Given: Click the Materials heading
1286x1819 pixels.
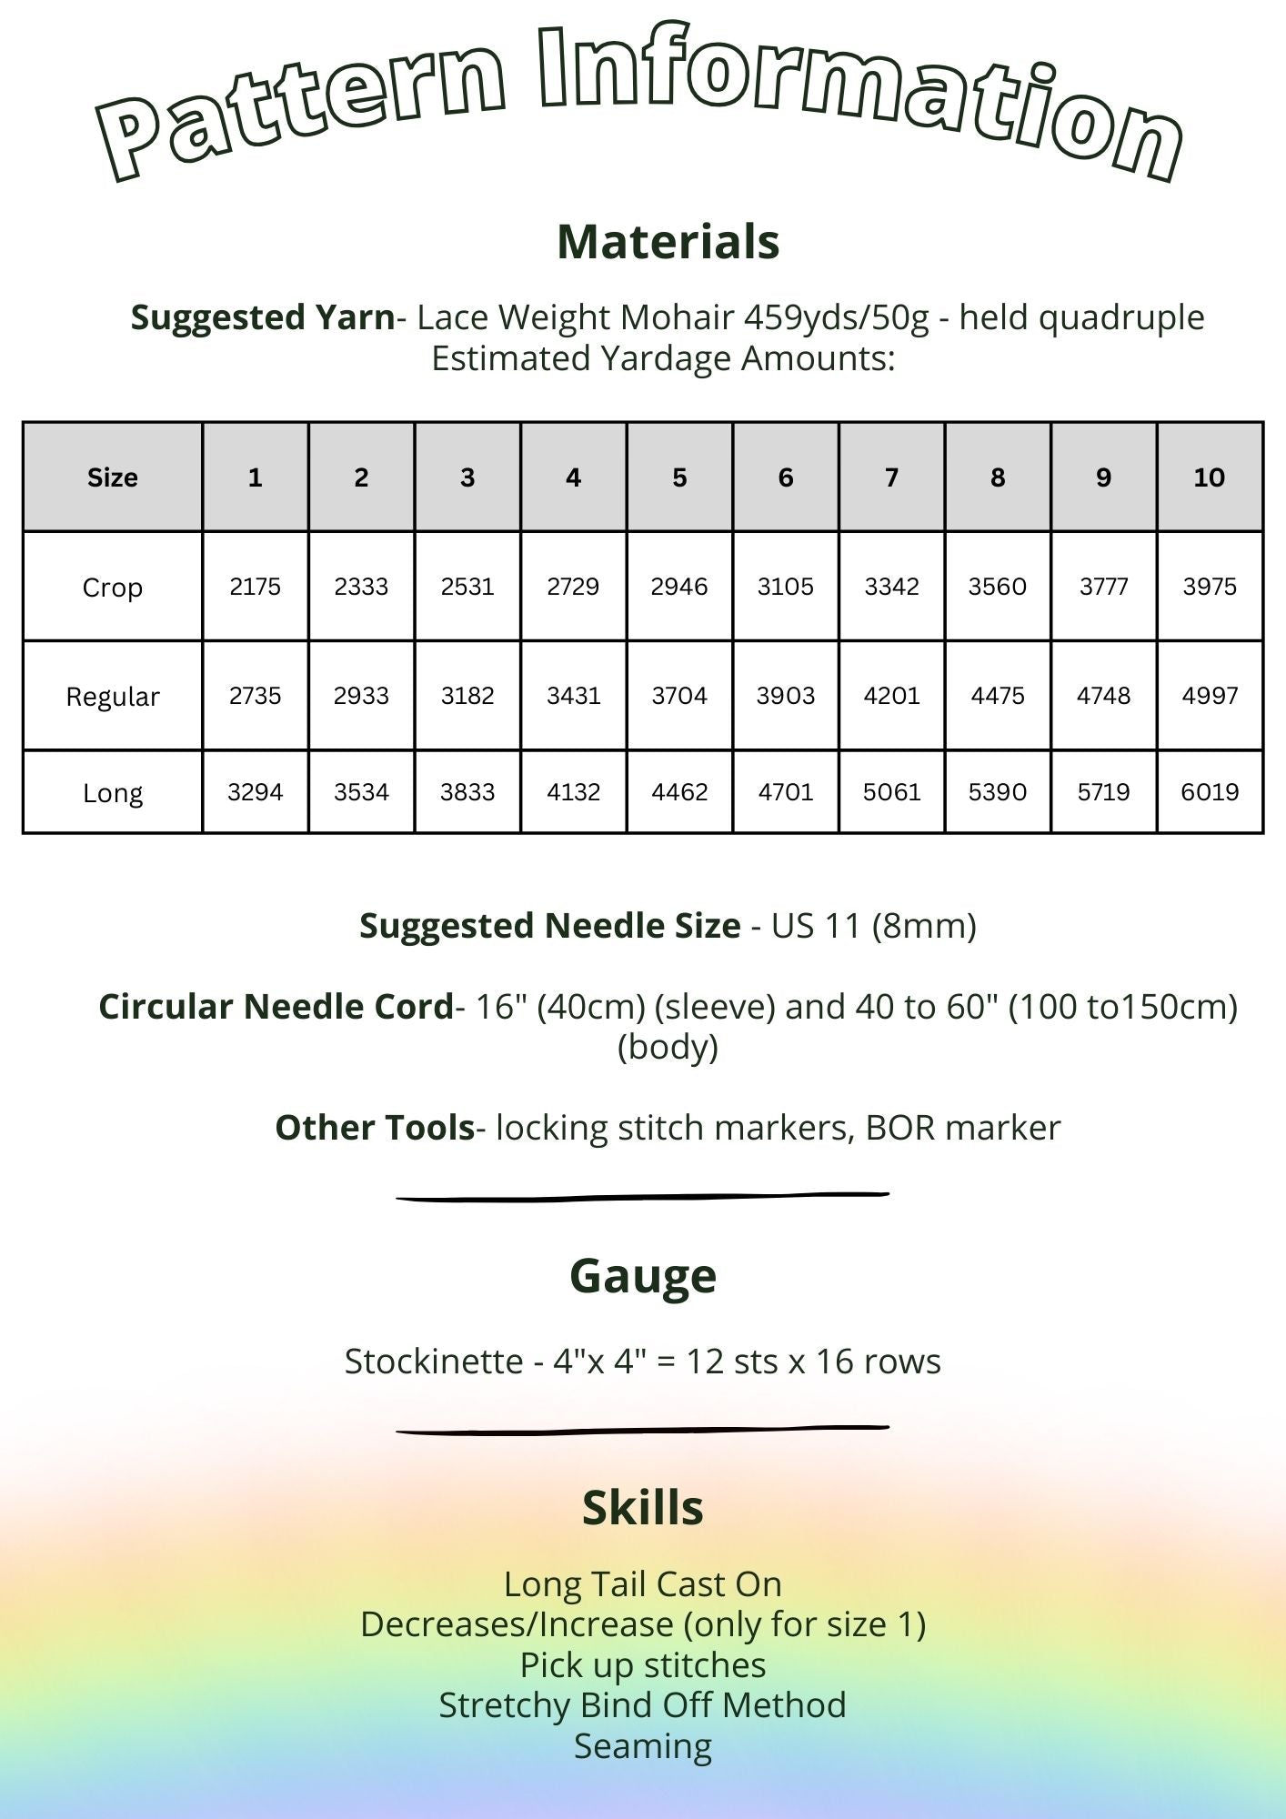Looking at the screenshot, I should (x=668, y=242).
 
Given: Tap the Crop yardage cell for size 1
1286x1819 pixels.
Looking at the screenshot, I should (x=256, y=587).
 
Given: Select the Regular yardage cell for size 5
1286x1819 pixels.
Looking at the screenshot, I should (x=679, y=696).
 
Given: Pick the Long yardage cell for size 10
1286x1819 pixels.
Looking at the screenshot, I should (x=1210, y=792).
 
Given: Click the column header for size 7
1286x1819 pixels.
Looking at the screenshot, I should (x=891, y=477).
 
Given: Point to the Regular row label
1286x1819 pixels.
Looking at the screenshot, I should (x=113, y=697).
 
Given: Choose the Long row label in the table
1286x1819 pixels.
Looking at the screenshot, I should (x=113, y=793).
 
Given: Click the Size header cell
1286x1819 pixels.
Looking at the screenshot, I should (x=113, y=477).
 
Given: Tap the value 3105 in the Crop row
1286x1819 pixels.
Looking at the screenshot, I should (x=786, y=587).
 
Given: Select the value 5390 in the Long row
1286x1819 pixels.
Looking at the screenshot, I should (x=998, y=792).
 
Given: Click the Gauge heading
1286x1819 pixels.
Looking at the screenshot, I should (x=643, y=1275).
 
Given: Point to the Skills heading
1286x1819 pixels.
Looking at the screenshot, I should (x=643, y=1508).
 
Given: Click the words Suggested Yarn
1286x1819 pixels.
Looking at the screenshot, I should (x=263, y=317).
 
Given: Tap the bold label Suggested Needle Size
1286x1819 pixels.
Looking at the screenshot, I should (x=549, y=926).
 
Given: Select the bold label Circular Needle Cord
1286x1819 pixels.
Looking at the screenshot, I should (x=276, y=1007).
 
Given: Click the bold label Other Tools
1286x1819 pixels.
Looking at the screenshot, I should (x=375, y=1128).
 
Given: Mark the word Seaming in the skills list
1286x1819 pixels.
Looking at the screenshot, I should (x=643, y=1745).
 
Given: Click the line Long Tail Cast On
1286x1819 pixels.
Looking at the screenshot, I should (x=643, y=1584).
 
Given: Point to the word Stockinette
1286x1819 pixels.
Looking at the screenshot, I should (x=434, y=1362).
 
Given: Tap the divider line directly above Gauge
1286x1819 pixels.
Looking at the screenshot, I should (x=643, y=1197).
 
